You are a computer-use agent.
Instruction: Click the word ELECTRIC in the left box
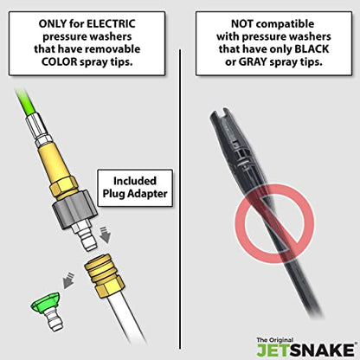[x=111, y=24]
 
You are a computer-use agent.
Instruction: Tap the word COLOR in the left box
[x=60, y=61]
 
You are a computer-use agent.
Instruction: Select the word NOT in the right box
[x=242, y=24]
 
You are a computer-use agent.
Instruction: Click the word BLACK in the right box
[x=312, y=49]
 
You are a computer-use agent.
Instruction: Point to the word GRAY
[x=253, y=61]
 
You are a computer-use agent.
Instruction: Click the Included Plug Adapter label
[x=135, y=188]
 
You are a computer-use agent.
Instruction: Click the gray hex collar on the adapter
[x=74, y=209]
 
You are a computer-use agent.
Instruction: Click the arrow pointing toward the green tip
[x=68, y=280]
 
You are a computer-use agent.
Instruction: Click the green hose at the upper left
[x=25, y=102]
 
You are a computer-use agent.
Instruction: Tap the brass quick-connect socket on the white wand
[x=103, y=276]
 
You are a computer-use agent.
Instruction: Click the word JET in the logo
[x=273, y=350]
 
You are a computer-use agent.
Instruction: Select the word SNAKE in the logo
[x=322, y=350]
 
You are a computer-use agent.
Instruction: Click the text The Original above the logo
[x=274, y=340]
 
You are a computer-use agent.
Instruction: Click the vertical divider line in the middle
[x=181, y=199]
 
